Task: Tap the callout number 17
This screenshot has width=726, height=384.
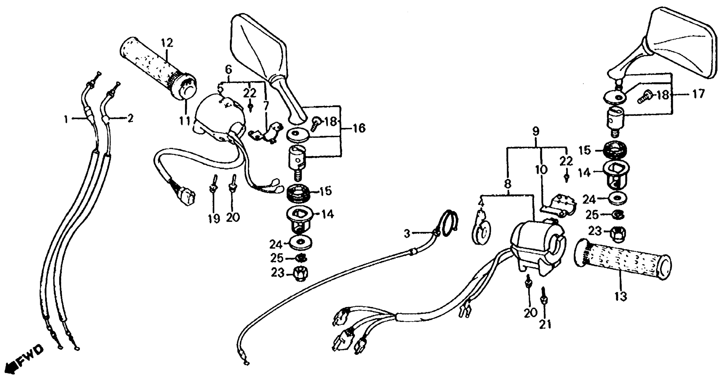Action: (696, 94)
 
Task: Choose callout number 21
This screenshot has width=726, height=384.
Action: (545, 324)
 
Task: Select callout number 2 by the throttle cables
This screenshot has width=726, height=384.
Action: (130, 118)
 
